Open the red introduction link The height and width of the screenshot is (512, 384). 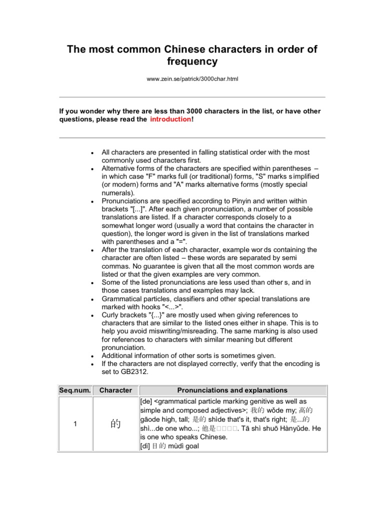point(170,119)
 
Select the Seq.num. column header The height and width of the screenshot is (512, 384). point(75,390)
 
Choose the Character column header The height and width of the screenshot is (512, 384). point(115,390)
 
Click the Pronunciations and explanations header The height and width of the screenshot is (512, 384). point(232,390)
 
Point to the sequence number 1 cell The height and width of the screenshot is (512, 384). point(75,424)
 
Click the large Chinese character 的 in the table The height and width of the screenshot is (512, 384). point(115,424)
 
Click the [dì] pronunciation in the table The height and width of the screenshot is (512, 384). point(146,446)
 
